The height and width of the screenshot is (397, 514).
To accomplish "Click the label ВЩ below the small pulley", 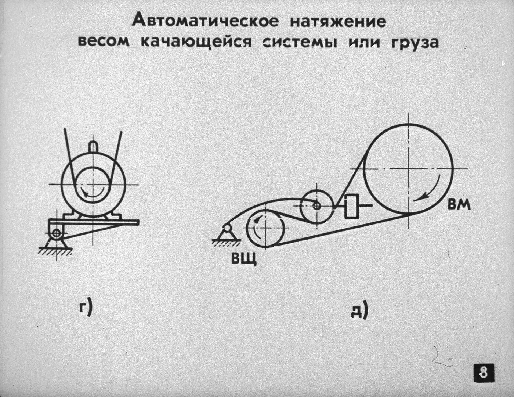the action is (x=244, y=259).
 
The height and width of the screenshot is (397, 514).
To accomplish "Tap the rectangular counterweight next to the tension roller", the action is (x=352, y=206).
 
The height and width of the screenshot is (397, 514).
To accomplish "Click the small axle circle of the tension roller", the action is (x=317, y=206).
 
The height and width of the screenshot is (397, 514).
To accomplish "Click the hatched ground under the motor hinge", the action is (x=55, y=251).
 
